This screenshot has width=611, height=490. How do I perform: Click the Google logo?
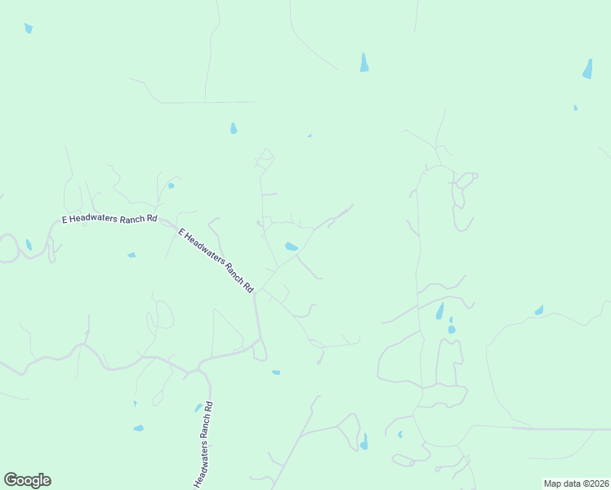[27, 480]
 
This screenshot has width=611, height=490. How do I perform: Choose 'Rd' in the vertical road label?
[208, 405]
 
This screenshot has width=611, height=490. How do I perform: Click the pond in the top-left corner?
[29, 29]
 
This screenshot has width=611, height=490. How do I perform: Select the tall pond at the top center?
[364, 62]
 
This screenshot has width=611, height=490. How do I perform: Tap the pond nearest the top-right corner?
[587, 69]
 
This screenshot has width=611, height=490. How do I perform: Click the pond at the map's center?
[291, 247]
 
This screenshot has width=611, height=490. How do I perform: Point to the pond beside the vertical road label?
[198, 408]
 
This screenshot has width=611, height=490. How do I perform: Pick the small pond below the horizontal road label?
[131, 255]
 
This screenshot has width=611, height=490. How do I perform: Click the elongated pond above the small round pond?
[440, 311]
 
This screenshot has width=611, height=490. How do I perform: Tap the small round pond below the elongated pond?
[452, 329]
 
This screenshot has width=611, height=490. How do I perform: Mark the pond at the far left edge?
[29, 245]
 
